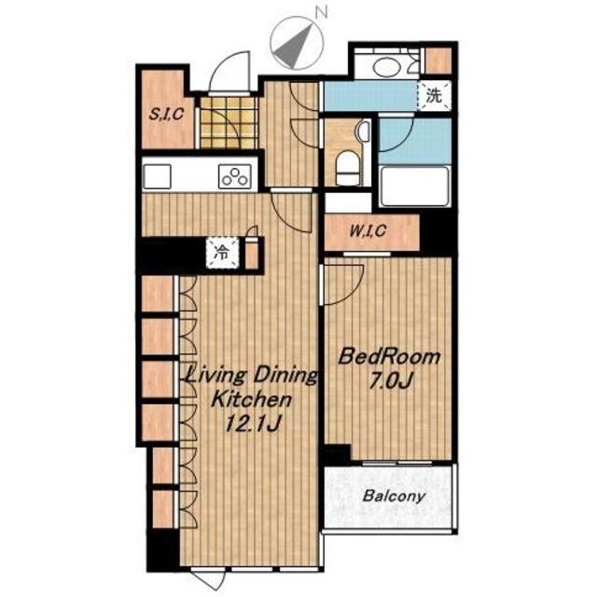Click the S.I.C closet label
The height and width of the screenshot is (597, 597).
coord(166,114)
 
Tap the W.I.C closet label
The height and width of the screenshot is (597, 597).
coord(368,230)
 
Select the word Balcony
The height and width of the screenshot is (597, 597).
coord(394,496)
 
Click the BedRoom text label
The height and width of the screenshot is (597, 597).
coord(390,357)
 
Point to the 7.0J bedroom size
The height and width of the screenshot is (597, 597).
coord(390,382)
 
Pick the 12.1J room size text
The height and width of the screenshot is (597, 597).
coord(253,423)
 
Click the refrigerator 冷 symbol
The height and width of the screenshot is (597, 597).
coord(222,252)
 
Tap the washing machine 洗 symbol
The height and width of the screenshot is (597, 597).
coord(434,95)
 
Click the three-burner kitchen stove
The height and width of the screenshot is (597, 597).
coord(235,176)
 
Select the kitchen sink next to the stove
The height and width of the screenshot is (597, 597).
coord(157,176)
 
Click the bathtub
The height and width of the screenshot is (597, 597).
coord(415,187)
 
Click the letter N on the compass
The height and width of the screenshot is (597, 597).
coord(323,13)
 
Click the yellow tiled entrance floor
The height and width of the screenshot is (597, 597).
coord(228,123)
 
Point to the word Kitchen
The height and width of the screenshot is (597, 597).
coord(252,400)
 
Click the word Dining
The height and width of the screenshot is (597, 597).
coord(285,377)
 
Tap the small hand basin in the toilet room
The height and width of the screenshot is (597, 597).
coord(364,132)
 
